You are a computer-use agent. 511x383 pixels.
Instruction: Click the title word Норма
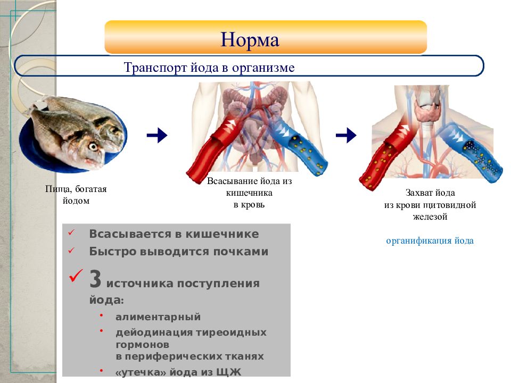250,40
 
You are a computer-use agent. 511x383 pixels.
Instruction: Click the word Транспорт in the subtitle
155,68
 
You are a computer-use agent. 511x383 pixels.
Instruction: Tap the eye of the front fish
93,147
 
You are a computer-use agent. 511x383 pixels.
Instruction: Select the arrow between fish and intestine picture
157,135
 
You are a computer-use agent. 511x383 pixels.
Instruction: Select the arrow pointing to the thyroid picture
346,135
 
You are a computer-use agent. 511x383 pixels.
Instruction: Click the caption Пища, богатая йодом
76,195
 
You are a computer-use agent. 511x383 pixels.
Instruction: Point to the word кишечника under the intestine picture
249,193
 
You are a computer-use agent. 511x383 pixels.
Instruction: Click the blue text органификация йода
430,240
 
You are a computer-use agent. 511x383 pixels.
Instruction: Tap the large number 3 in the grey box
95,279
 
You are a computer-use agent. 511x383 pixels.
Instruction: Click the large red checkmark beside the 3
76,276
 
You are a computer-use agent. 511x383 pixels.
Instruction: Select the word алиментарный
158,317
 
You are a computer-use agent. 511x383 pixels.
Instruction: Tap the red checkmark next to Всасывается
71,233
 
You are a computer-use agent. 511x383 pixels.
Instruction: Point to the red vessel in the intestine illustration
215,148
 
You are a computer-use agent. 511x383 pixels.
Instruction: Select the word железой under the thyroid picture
430,217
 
